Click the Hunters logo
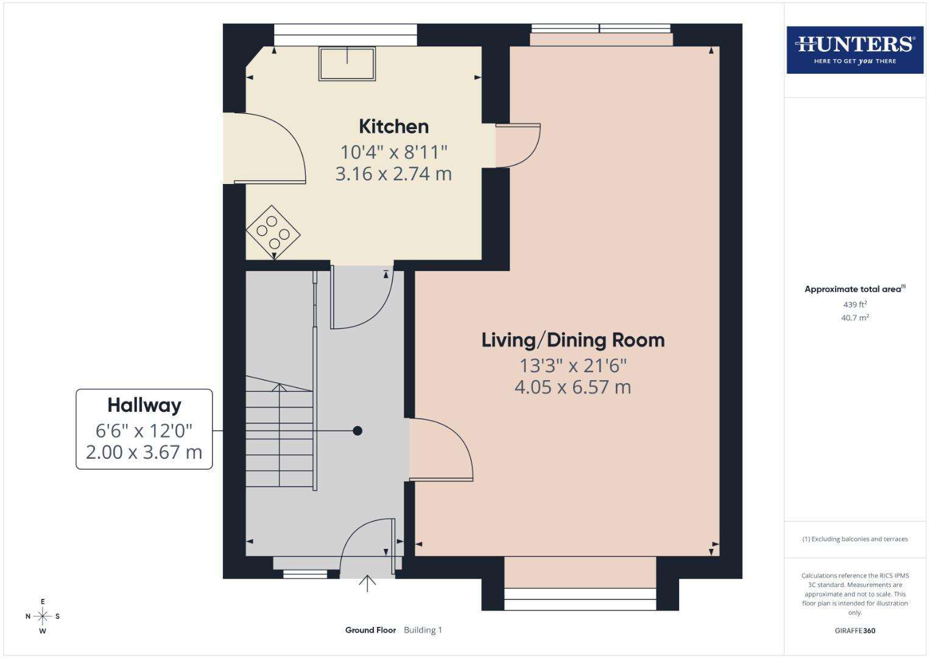pos(854,49)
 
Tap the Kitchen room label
pos(393,127)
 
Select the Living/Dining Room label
pos(572,340)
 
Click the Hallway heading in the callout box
pos(144,405)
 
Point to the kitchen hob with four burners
pos(273,232)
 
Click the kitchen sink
pos(347,64)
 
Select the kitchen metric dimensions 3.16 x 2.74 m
pos(393,174)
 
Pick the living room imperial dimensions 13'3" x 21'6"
pos(572,366)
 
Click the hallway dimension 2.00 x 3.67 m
pos(144,452)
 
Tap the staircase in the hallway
pos(280,433)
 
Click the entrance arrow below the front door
pos(367,583)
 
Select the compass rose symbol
pos(43,616)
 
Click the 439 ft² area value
pos(854,304)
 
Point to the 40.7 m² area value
pos(854,317)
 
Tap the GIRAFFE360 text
pos(854,631)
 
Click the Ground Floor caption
pos(370,630)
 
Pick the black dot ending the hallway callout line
pos(358,431)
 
